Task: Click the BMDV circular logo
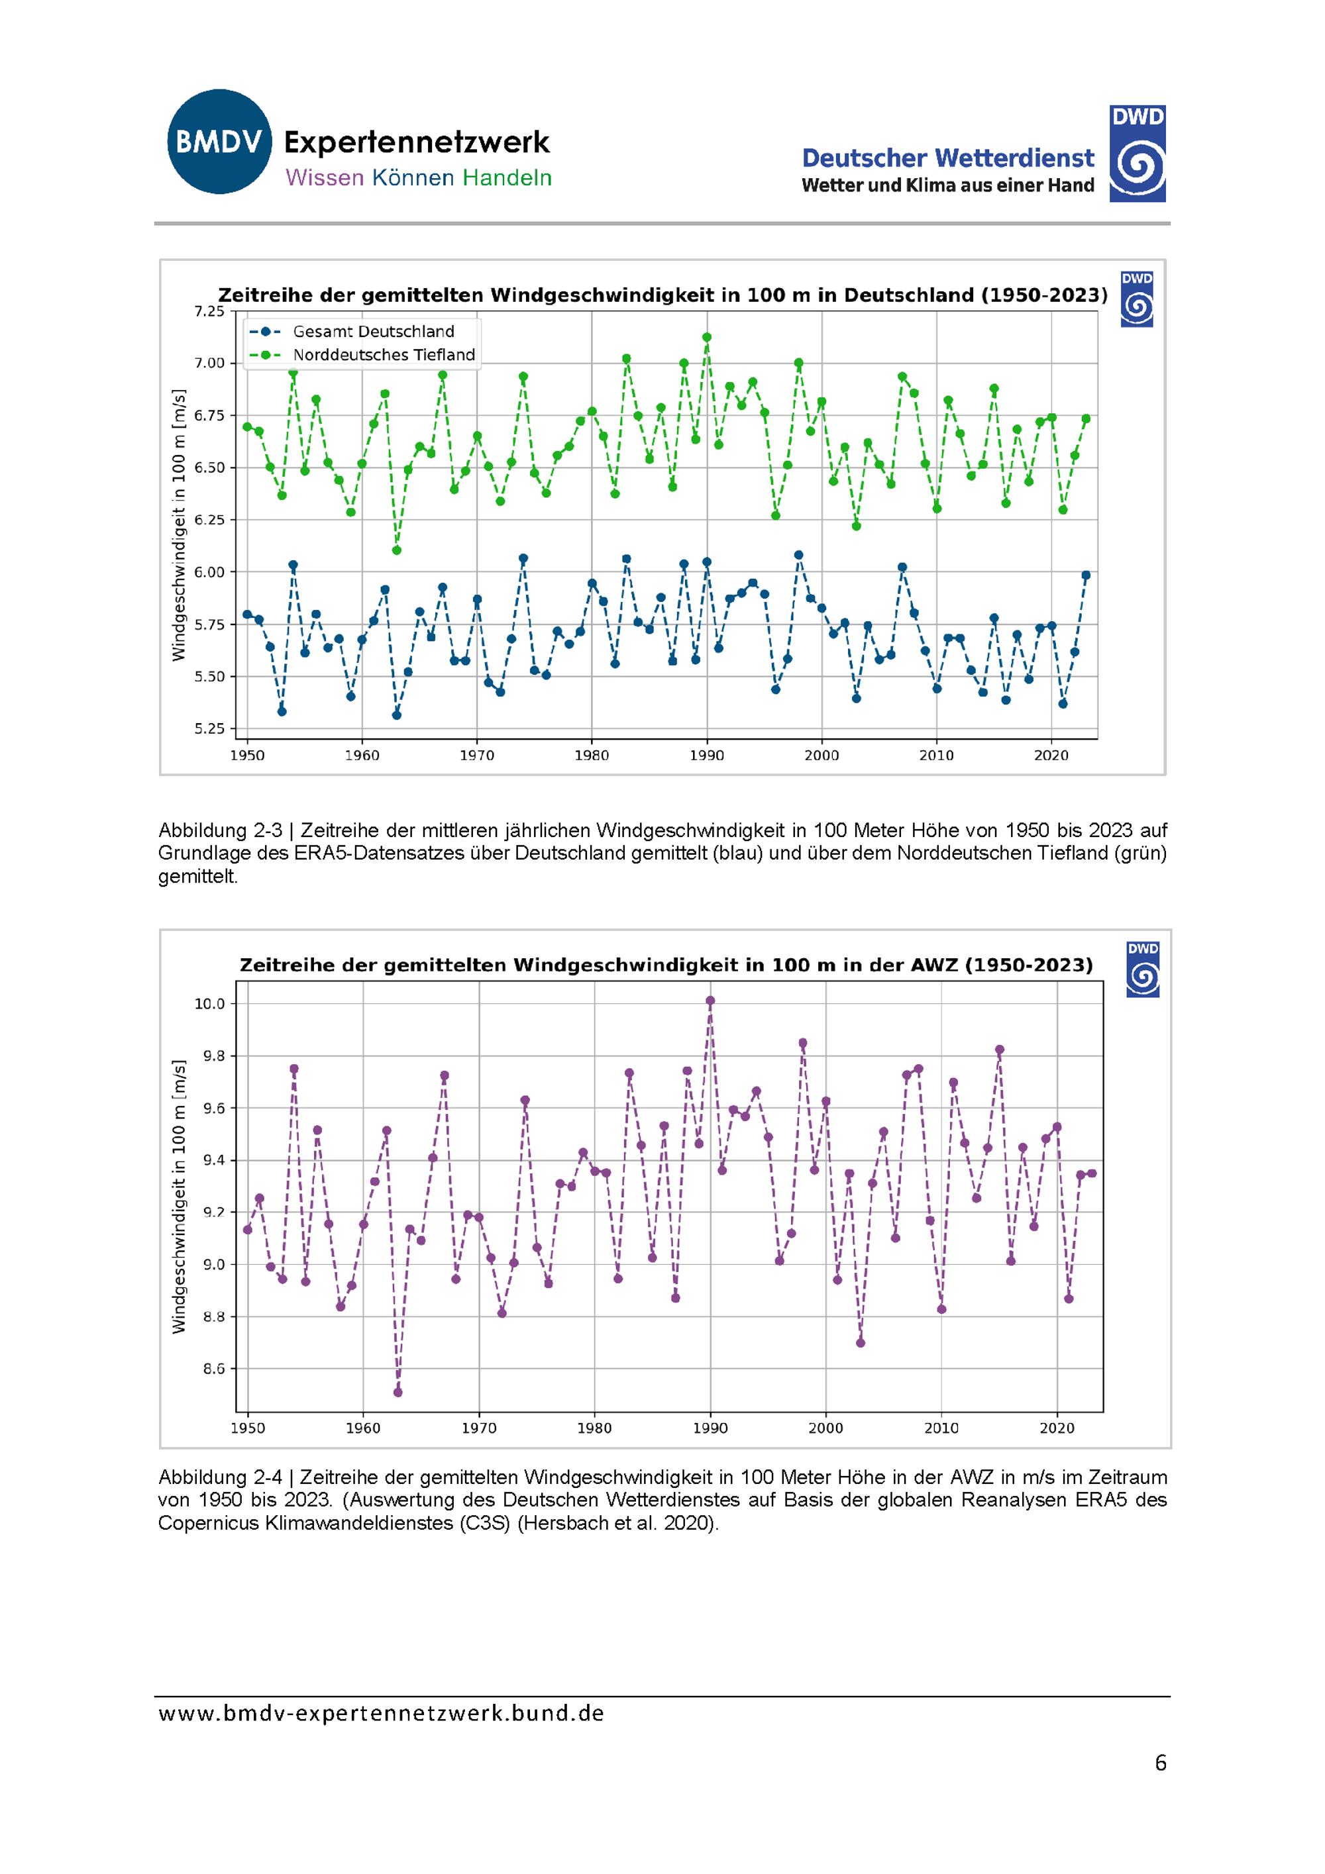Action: [x=219, y=142]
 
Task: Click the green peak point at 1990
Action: [x=707, y=337]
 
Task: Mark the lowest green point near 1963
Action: [x=397, y=550]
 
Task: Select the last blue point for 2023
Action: [x=1086, y=575]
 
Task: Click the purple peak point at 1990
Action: [x=710, y=1001]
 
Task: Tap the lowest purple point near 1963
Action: [x=397, y=1393]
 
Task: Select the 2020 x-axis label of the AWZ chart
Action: [x=1057, y=1428]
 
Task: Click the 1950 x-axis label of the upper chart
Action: [x=246, y=756]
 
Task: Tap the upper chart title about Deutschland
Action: [x=663, y=295]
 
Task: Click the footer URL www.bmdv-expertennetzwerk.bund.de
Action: [x=381, y=1713]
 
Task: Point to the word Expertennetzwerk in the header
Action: [x=416, y=143]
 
